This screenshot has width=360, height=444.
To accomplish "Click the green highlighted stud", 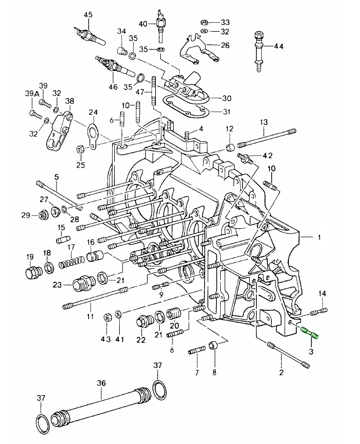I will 309,333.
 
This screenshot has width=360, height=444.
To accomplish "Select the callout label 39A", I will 32,94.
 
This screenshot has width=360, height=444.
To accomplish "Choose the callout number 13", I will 263,122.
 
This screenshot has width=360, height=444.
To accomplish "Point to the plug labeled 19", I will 31,273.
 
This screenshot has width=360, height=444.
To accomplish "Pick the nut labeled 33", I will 203,22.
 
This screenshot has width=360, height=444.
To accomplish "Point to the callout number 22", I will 140,340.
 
